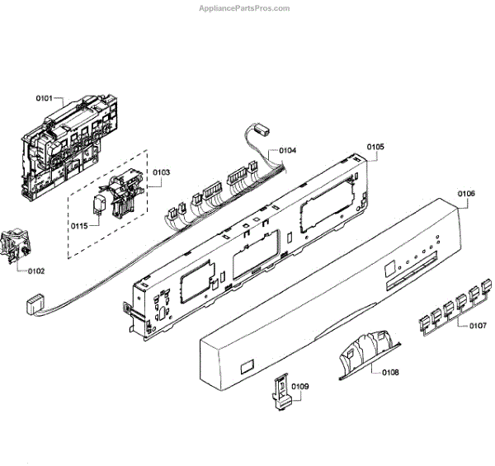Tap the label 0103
point(161,172)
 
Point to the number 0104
point(287,151)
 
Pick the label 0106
point(466,195)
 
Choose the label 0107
point(478,326)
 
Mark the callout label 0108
point(390,373)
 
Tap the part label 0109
point(300,387)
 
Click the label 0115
point(79,226)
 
